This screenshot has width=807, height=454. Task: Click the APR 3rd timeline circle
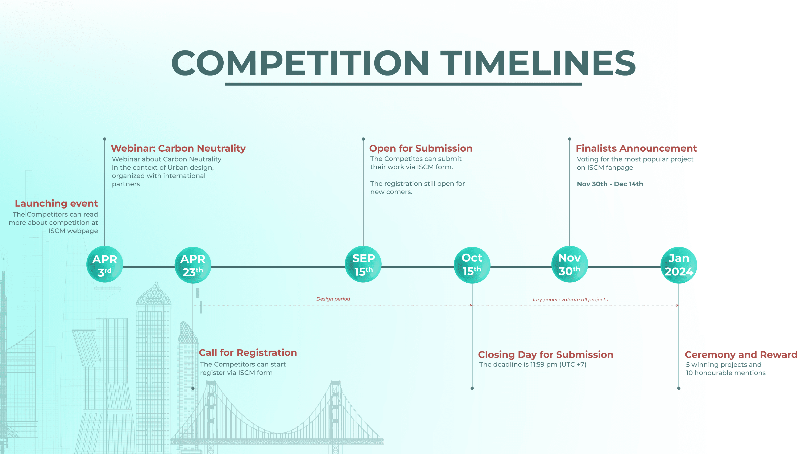[105, 265]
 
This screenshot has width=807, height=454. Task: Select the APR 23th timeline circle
[193, 265]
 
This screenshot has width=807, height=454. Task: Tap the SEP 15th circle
[363, 264]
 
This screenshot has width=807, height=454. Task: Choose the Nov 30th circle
[570, 264]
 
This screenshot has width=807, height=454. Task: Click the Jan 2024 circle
[679, 265]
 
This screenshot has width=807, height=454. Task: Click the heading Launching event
[56, 204]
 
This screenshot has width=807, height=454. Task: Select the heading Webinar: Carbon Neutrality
[178, 148]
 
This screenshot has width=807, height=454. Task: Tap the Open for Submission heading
[421, 148]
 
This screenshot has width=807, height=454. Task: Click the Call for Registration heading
[248, 353]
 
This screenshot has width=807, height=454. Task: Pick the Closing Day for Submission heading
[545, 355]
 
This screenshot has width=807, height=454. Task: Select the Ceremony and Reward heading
[741, 355]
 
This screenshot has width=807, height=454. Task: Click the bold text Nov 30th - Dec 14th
[610, 184]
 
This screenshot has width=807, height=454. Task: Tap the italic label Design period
[333, 299]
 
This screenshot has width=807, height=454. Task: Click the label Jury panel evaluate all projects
[569, 300]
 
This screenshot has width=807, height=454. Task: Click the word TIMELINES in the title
[538, 64]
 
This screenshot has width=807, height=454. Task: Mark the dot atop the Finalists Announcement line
[570, 139]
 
